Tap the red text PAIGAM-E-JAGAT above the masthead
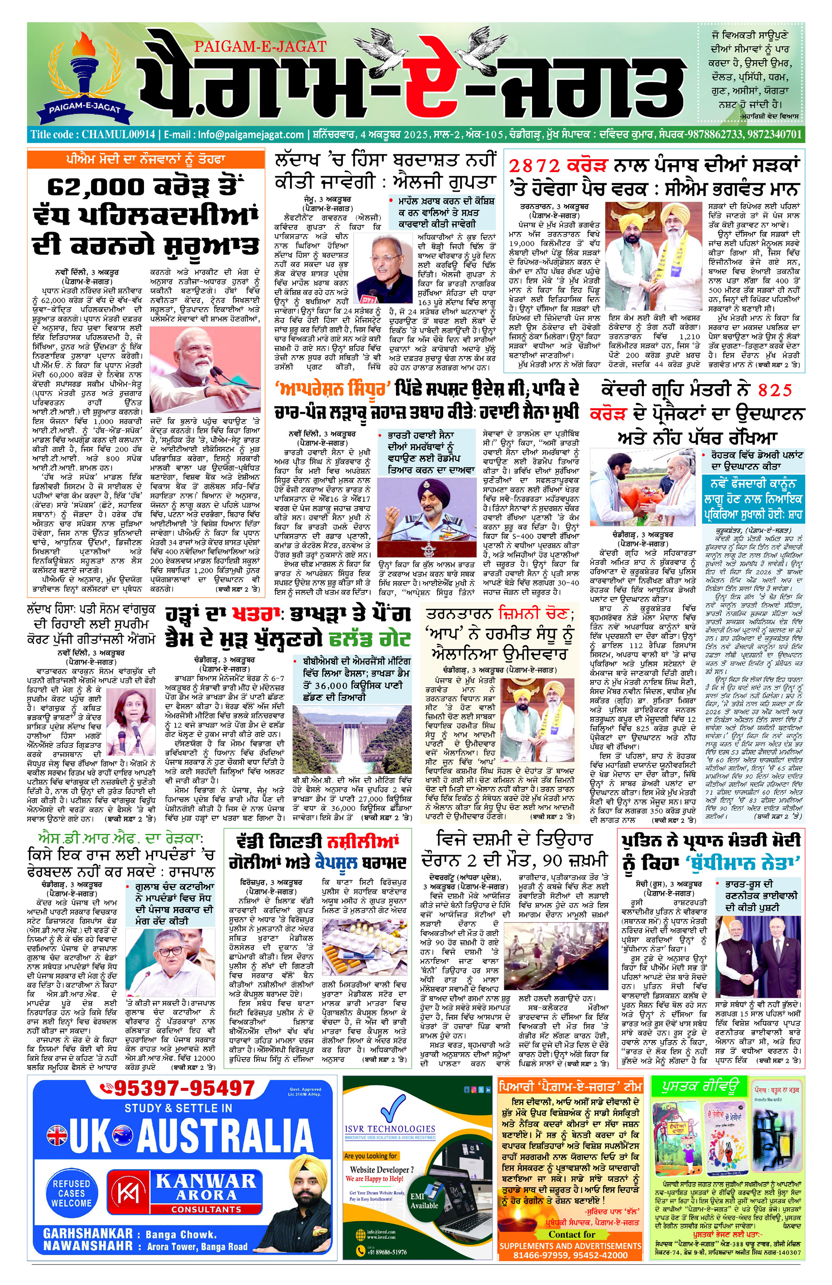(260, 47)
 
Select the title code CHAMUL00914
(118, 134)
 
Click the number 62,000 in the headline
(92, 187)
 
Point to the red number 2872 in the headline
(535, 165)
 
